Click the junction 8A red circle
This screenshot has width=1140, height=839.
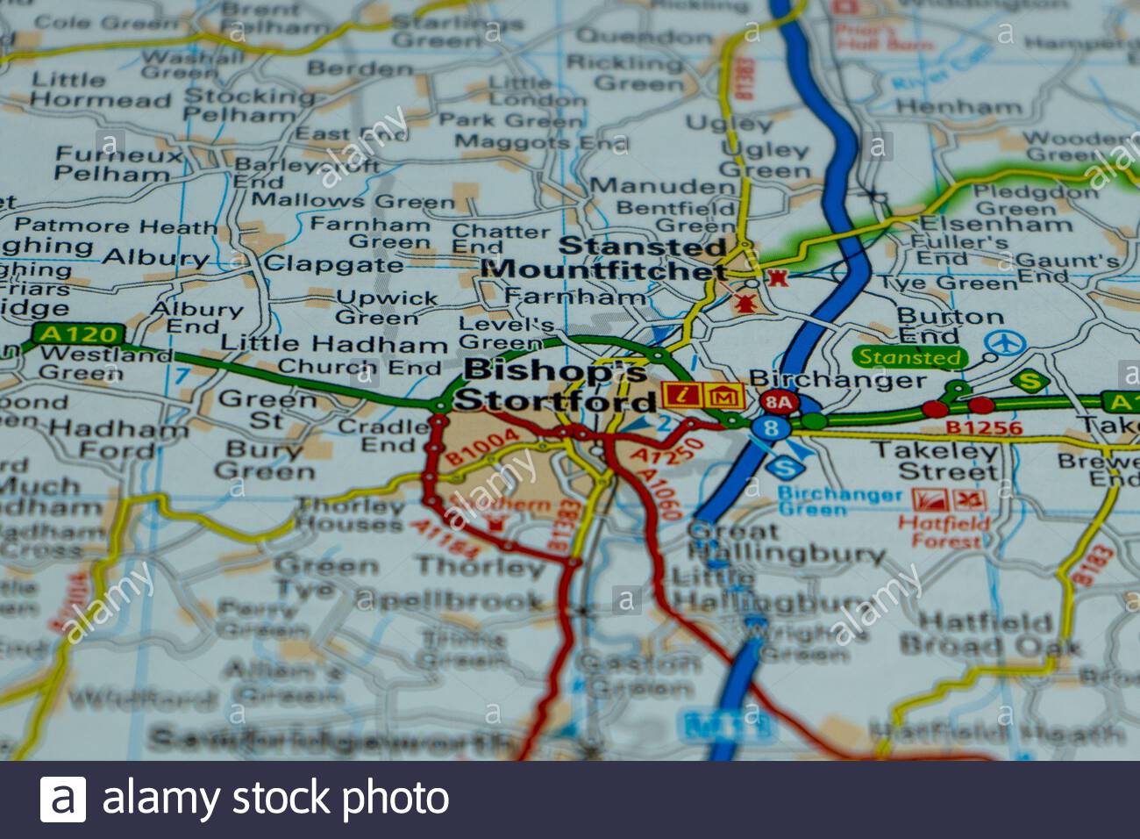[777, 402]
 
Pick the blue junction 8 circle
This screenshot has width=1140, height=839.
[770, 428]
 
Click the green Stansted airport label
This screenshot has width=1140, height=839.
[909, 357]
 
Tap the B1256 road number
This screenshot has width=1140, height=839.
[984, 428]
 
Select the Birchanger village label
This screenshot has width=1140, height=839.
[837, 380]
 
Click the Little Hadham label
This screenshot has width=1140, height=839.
[333, 343]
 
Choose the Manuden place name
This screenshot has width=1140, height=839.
[662, 186]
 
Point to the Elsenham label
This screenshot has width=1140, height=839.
[995, 224]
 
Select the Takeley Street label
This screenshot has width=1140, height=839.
[934, 462]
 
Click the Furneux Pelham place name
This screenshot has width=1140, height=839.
[113, 164]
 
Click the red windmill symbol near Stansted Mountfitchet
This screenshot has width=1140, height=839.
[745, 304]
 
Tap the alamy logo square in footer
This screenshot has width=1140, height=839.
[63, 799]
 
